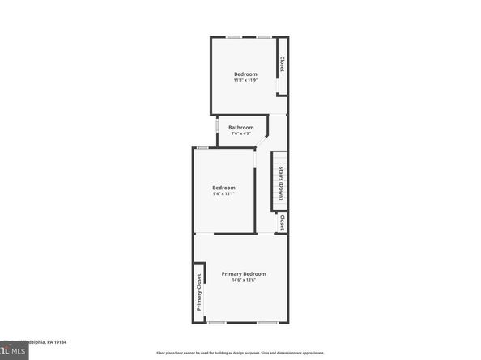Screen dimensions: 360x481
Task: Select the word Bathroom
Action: [240, 127]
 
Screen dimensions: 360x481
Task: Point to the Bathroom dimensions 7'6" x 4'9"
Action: [240, 133]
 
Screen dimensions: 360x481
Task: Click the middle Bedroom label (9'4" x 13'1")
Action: [223, 188]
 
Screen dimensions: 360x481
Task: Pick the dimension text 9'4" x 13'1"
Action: [223, 194]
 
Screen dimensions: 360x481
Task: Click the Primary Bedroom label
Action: [244, 274]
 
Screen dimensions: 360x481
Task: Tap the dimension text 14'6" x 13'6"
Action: [244, 281]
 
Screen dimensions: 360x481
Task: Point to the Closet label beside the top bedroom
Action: [282, 64]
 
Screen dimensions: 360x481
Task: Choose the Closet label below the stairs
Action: [282, 222]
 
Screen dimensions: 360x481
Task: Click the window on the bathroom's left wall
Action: [217, 128]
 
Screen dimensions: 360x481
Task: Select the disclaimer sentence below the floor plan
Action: [240, 353]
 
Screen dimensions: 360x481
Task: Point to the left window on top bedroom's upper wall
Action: [233, 37]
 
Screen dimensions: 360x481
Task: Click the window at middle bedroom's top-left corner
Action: [202, 147]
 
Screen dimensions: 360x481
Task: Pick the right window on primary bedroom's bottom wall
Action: [267, 322]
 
